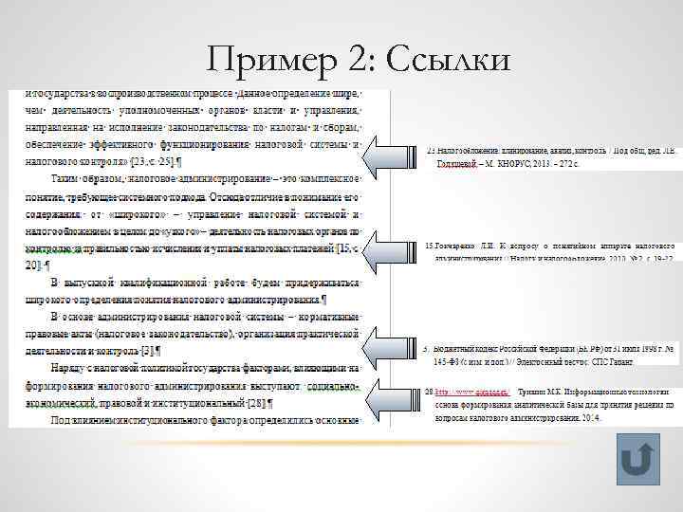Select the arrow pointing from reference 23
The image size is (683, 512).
coord(386,157)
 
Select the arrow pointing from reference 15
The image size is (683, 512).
coord(386,248)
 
